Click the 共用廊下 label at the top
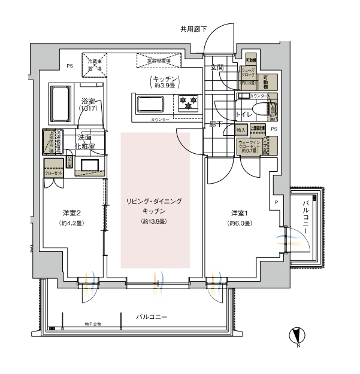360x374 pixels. tap(194, 28)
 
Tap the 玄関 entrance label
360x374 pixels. tap(216, 68)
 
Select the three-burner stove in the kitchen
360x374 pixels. tap(189, 102)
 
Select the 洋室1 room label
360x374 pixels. tap(239, 214)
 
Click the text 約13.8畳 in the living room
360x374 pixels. tap(154, 222)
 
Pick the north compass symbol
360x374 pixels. tap(298, 336)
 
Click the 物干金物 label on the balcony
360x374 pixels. tap(93, 324)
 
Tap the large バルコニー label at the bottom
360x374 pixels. tap(151, 315)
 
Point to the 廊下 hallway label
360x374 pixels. tap(216, 124)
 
